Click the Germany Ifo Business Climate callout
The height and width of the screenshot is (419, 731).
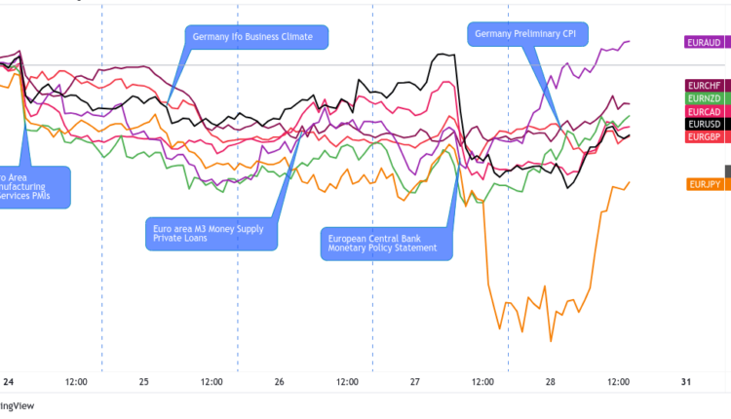pos(256,37)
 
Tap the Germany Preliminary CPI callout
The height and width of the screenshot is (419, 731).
pos(525,34)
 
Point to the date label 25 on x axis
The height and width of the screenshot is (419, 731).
pos(144,382)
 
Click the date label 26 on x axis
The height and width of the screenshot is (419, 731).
pos(280,382)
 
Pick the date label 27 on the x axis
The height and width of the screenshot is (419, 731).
pos(415,382)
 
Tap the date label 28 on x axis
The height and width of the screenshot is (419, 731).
pos(550,382)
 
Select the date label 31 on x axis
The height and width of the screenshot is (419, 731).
pos(686,382)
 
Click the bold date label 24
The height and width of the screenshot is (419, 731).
pos(8,382)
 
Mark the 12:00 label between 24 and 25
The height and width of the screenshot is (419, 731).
pos(76,382)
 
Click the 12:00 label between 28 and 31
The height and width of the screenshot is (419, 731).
pos(618,382)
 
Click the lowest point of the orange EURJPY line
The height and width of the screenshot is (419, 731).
pos(552,341)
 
